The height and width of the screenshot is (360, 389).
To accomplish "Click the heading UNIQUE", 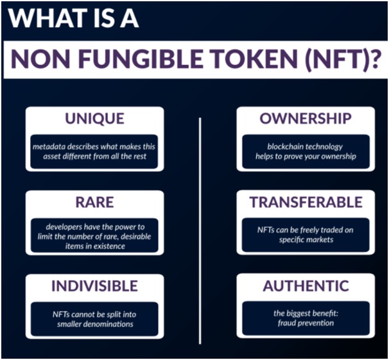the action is click(94, 119).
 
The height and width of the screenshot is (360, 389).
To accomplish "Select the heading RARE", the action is click(94, 202).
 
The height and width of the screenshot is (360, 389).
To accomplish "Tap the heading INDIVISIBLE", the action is click(94, 286).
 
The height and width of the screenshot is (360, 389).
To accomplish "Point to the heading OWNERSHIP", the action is click(306, 119).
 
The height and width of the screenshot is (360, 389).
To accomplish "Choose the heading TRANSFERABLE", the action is click(306, 202).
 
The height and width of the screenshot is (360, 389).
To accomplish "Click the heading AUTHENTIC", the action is click(306, 286).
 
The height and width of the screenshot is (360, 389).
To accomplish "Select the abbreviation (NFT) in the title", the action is click(336, 60).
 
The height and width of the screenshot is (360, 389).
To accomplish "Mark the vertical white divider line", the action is click(200, 231).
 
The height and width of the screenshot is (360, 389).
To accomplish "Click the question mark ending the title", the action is click(374, 59).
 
